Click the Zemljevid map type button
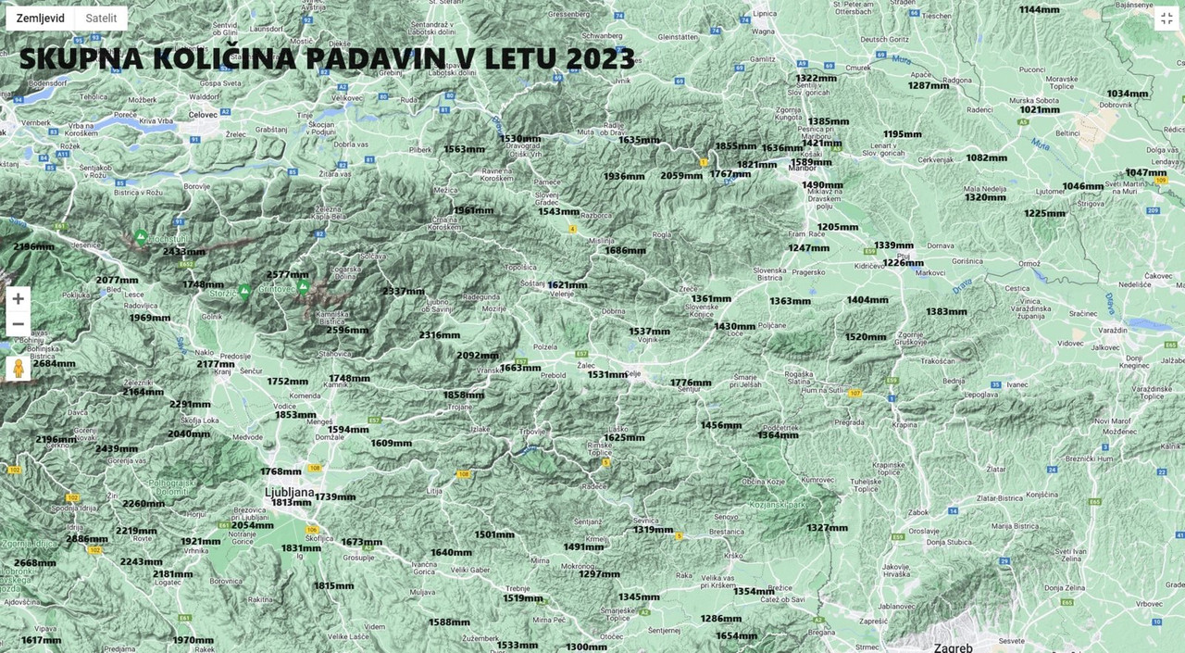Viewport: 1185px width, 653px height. tap(41, 19)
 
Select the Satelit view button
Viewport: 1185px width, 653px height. tap(101, 19)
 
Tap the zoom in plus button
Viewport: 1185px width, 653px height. tap(18, 299)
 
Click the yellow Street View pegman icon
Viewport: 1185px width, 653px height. tap(18, 368)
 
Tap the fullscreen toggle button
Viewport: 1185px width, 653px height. tap(1166, 19)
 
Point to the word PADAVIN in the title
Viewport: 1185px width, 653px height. tap(380, 58)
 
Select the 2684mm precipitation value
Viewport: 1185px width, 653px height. tap(54, 363)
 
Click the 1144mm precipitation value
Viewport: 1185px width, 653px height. tap(1039, 9)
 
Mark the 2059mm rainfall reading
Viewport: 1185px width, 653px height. tap(680, 176)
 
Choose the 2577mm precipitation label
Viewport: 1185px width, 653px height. tap(287, 275)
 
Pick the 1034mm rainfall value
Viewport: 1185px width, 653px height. tap(1127, 94)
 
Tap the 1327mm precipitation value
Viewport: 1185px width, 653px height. tap(827, 528)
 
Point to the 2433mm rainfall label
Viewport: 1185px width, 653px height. tap(183, 252)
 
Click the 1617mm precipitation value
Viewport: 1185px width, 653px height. tap(41, 640)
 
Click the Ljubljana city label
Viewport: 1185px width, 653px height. tap(289, 492)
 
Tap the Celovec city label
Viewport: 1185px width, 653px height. tap(202, 113)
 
